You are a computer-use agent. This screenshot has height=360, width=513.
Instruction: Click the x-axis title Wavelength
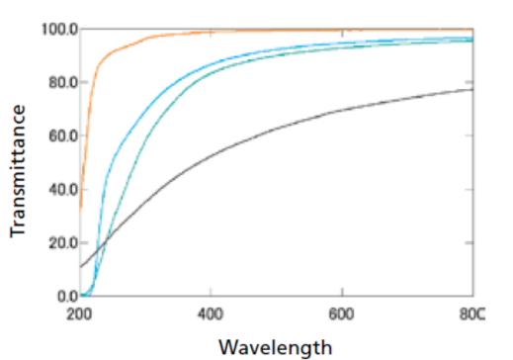[x=276, y=347]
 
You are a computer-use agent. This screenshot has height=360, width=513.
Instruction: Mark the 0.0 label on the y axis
[x=65, y=296]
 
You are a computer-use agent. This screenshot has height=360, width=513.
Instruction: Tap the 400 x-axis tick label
[x=211, y=314]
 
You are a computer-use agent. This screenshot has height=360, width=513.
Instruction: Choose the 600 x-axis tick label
[x=342, y=314]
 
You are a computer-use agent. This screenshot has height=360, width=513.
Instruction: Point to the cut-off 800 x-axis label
[x=473, y=314]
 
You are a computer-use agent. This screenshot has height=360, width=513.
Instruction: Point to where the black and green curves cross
[x=106, y=240]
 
